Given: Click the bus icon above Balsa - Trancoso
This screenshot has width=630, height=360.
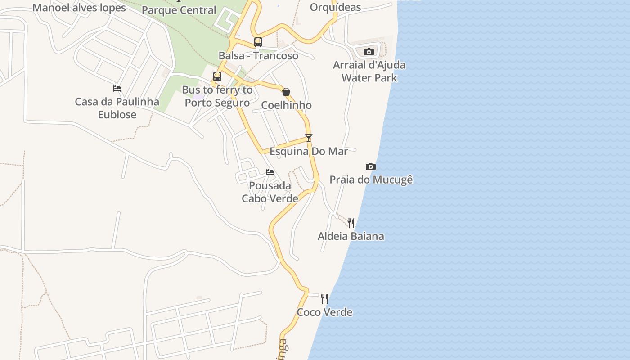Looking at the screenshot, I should pyautogui.click(x=258, y=42).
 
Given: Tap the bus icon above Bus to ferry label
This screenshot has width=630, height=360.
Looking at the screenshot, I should pyautogui.click(x=217, y=76).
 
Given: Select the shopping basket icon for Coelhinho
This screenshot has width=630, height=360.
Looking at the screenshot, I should pyautogui.click(x=286, y=92).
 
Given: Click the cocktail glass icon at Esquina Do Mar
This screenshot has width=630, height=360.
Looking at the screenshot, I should pyautogui.click(x=309, y=138).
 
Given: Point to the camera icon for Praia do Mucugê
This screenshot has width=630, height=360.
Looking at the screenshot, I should pyautogui.click(x=371, y=167).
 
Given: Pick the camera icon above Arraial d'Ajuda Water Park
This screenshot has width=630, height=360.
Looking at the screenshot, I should pyautogui.click(x=369, y=52).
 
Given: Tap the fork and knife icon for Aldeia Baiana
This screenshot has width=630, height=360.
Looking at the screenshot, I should pyautogui.click(x=351, y=223).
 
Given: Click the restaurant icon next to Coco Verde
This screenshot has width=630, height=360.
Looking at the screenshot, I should pyautogui.click(x=324, y=298).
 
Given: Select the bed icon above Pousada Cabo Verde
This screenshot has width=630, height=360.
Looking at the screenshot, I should pyautogui.click(x=270, y=172).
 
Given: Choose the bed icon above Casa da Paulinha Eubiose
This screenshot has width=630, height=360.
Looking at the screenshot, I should pyautogui.click(x=117, y=89).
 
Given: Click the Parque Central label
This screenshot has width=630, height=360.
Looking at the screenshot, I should pyautogui.click(x=179, y=10).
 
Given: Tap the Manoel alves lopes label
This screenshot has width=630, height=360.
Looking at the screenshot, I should pyautogui.click(x=79, y=8).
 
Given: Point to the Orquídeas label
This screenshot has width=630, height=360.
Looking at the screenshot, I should pyautogui.click(x=335, y=7).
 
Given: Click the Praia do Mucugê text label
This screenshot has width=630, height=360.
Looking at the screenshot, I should pyautogui.click(x=371, y=180).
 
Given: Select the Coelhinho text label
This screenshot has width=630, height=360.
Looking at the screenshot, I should pyautogui.click(x=286, y=105).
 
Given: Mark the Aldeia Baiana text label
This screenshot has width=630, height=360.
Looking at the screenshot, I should pyautogui.click(x=351, y=236).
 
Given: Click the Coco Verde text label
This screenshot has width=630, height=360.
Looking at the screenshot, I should pyautogui.click(x=324, y=312).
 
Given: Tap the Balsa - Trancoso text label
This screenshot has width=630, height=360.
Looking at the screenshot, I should pyautogui.click(x=258, y=56).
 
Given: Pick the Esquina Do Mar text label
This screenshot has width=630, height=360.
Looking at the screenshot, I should pyautogui.click(x=309, y=151).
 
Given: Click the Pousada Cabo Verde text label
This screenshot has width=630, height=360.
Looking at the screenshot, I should pyautogui.click(x=270, y=192).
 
